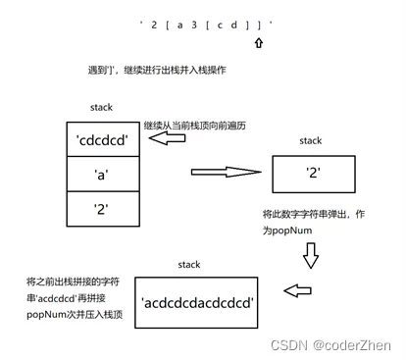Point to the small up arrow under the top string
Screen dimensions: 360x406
pyautogui.click(x=258, y=44)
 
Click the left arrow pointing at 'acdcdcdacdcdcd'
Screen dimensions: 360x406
pyautogui.click(x=299, y=290)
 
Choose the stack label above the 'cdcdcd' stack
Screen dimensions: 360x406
pyautogui.click(x=101, y=106)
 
